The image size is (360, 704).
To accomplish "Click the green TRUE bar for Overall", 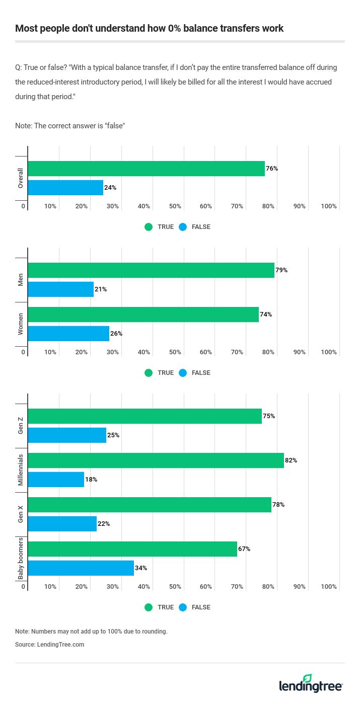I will [146, 169].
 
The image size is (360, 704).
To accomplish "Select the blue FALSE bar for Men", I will [61, 289].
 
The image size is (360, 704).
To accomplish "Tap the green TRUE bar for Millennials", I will [156, 460].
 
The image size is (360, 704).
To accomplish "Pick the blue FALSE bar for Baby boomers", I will [81, 568].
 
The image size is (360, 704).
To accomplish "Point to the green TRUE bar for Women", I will [143, 315].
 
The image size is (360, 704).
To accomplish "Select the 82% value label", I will [291, 460].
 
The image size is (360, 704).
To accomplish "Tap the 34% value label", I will [141, 568].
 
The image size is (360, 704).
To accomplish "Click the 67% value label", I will [244, 549].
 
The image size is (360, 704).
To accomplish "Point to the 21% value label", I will [101, 289].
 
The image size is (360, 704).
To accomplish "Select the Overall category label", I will [21, 178].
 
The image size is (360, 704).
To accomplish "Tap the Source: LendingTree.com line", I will [49, 645].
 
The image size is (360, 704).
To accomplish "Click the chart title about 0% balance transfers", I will [150, 28].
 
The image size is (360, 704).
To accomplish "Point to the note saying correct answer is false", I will [70, 126].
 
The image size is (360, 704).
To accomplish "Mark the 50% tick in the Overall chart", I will [175, 206].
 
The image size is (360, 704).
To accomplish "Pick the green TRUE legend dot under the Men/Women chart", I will [149, 373].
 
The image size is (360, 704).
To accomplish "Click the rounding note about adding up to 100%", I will [91, 632].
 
